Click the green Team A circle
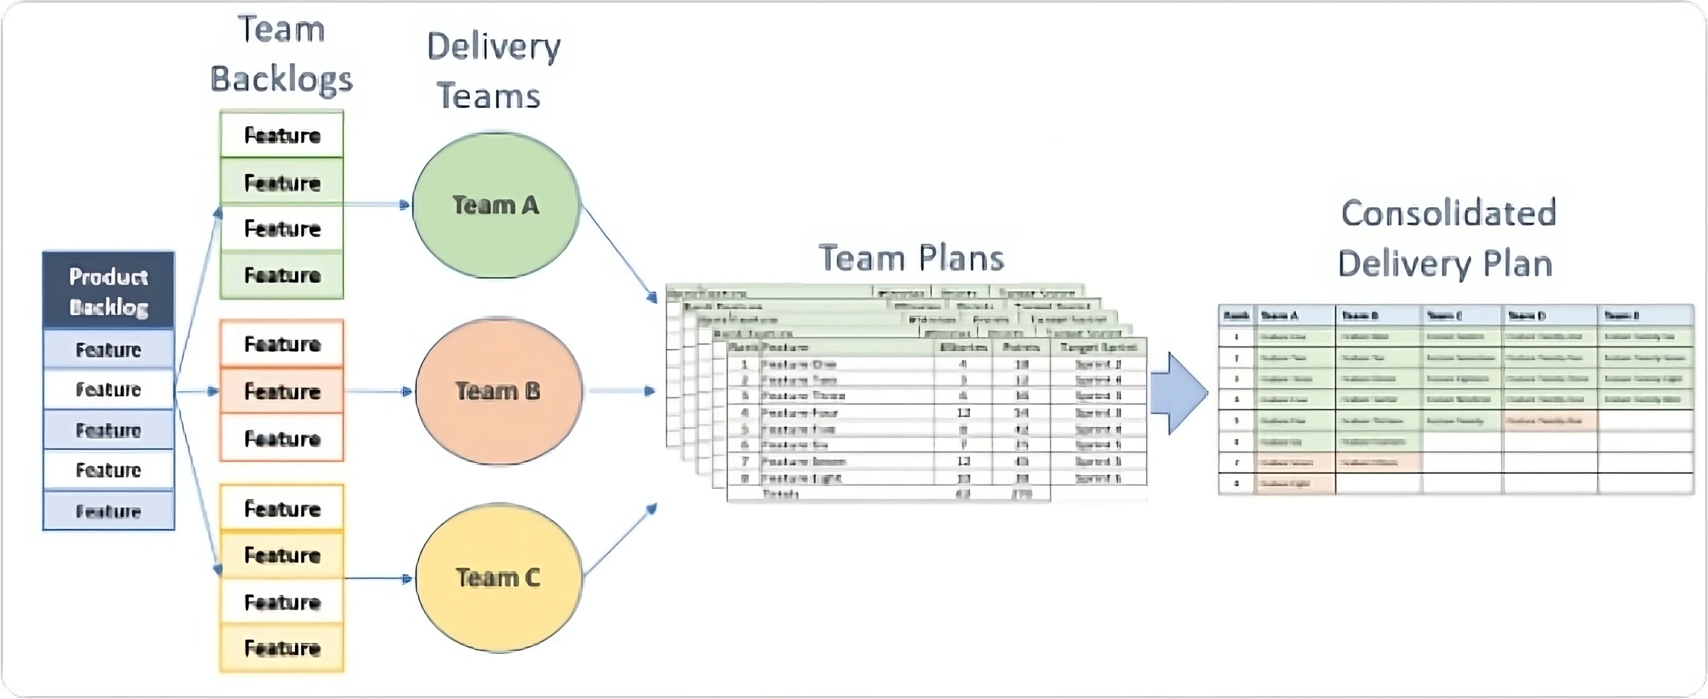(496, 206)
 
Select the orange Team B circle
(498, 391)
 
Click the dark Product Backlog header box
(109, 291)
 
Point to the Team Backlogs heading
(281, 54)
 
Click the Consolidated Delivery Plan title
(1447, 239)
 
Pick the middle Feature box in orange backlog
(282, 391)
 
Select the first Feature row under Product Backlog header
(109, 349)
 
